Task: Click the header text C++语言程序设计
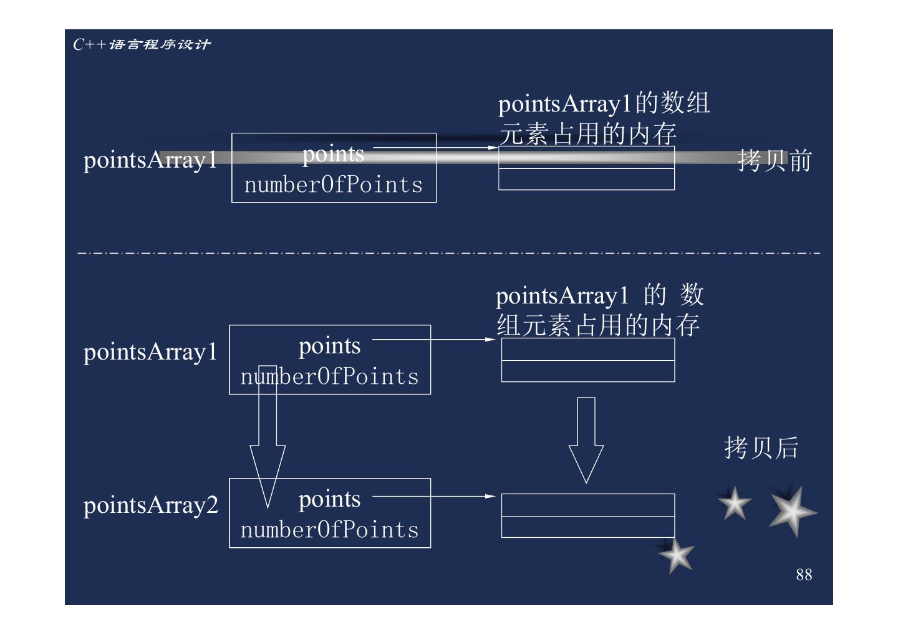[x=142, y=44]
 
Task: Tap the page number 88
[x=804, y=575]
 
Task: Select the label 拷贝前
[x=774, y=161]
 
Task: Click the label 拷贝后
[x=761, y=447]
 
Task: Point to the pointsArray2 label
[x=151, y=505]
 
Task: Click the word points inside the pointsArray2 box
[x=329, y=499]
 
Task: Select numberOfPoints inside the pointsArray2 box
[x=329, y=530]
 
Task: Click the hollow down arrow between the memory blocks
[x=586, y=439]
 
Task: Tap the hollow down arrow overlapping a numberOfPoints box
[x=268, y=436]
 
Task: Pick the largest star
[x=791, y=512]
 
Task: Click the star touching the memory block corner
[x=677, y=555]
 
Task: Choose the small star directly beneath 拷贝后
[x=735, y=504]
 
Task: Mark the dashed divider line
[x=449, y=253]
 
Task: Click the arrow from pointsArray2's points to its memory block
[x=433, y=497]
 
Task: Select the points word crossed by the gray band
[x=333, y=154]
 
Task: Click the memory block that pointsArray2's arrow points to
[x=587, y=515]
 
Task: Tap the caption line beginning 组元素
[x=597, y=325]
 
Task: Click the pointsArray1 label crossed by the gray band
[x=150, y=160]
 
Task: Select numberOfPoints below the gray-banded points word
[x=333, y=185]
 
